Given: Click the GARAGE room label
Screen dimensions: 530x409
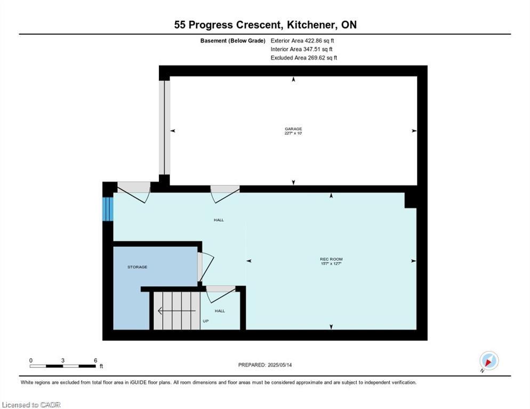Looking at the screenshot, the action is point(293,129).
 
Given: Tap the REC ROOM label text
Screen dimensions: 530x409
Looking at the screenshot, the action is point(331,259).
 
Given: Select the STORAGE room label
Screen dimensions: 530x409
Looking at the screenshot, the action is point(137,267).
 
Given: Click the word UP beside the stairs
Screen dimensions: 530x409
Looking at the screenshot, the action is point(205,321).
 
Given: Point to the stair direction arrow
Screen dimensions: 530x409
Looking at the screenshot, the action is point(177,310).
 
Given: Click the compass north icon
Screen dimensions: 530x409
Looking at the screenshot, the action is point(489,361).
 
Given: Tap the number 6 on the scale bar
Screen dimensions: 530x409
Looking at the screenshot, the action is point(95,361).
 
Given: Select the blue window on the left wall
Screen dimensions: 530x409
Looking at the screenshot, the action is point(108,209).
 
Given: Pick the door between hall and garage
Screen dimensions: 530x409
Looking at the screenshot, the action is point(225,194).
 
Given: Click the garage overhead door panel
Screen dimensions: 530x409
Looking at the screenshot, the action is point(165,127).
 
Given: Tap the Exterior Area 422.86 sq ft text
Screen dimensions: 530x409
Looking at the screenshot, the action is point(302,40).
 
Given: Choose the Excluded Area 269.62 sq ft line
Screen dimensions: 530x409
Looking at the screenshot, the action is point(304,58).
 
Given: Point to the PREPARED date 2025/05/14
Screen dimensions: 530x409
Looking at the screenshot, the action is point(265,365).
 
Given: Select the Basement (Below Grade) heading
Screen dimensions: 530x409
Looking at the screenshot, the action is point(232,41).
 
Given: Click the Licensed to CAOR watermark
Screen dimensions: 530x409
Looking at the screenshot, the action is point(31,405).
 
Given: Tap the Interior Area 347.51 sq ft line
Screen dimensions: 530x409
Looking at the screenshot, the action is point(301,50).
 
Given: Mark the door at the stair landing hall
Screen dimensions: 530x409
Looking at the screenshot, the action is point(221,295).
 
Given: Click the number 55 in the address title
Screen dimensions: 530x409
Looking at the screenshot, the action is point(180,25).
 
